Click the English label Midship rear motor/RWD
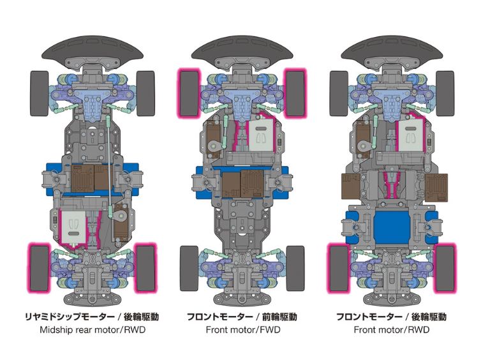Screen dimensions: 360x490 [x=93, y=330]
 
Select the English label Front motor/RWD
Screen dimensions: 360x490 [x=391, y=330]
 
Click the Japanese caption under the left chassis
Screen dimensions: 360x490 [x=93, y=317]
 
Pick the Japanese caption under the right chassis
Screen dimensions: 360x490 [x=391, y=317]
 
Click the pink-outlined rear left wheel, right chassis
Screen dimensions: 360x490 [x=339, y=266]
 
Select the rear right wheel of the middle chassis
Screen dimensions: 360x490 [x=295, y=267]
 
